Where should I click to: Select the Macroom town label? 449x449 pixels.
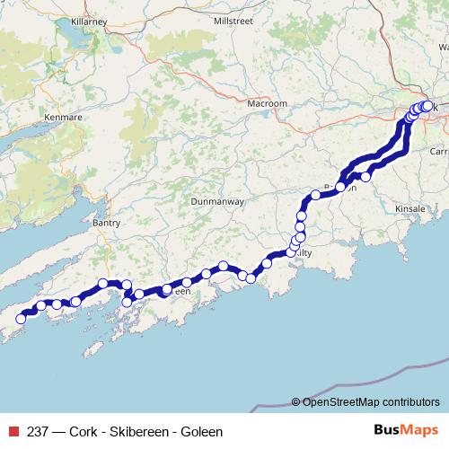[267, 104]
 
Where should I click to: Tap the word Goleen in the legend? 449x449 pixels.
[201, 431]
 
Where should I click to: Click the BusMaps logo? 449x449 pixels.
[405, 431]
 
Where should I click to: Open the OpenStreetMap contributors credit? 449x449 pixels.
[371, 401]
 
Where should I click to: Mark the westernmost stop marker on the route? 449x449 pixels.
[22, 319]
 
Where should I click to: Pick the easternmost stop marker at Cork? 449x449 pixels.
[427, 105]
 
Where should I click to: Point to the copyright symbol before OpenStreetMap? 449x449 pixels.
[296, 401]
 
